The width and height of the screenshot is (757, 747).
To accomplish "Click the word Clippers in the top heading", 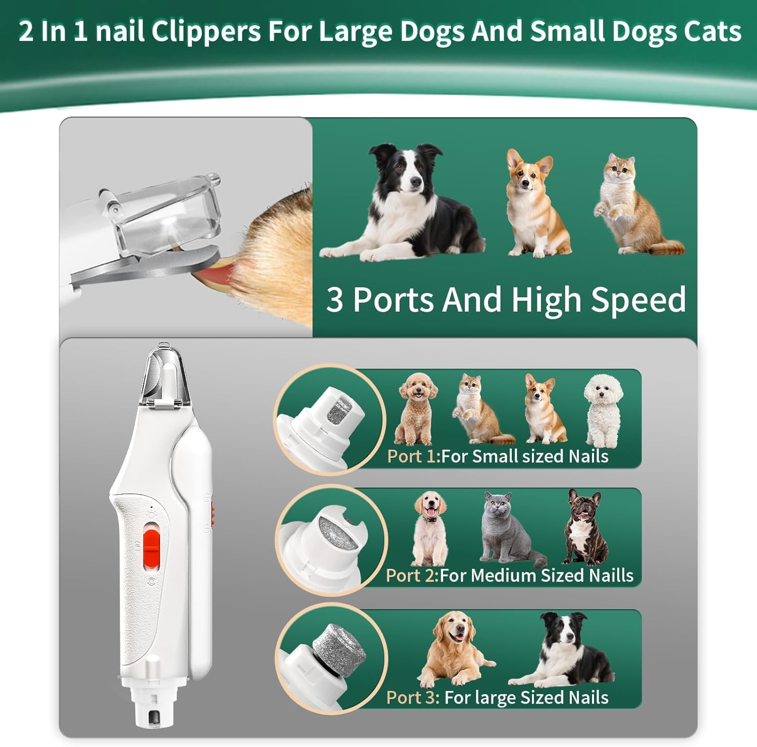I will coord(206,31).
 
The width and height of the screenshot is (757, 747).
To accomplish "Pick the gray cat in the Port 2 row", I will coord(507,527).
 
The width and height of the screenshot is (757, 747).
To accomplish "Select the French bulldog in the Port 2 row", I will coord(585,527).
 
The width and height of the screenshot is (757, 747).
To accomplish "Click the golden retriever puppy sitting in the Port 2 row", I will coord(429,527).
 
